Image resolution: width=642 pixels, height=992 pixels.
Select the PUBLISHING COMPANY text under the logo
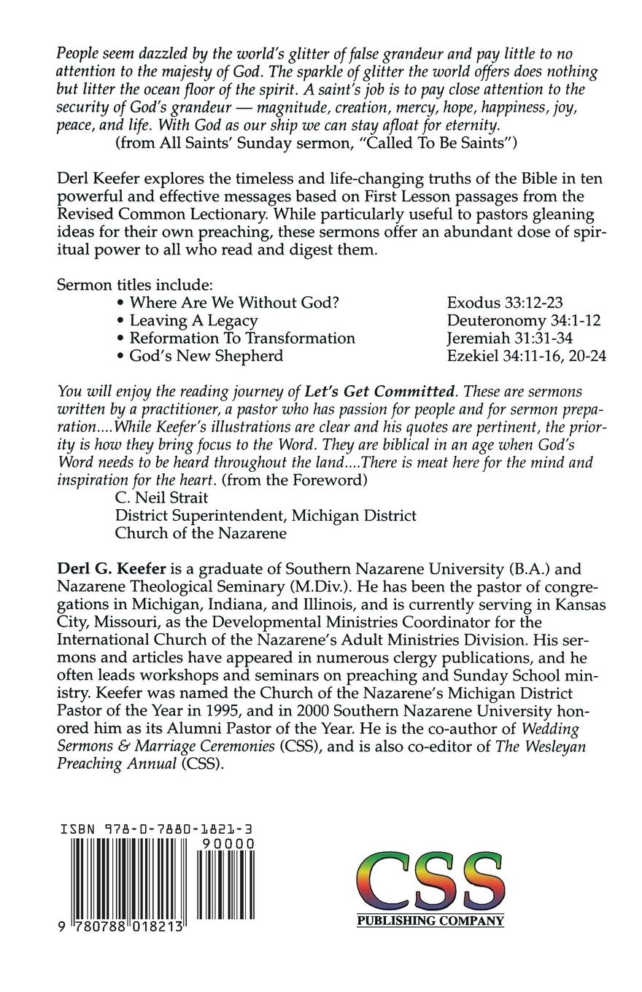pos(430,921)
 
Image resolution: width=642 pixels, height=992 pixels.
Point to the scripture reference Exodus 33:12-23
pos(505,303)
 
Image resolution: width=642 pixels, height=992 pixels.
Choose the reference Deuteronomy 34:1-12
pos(524,320)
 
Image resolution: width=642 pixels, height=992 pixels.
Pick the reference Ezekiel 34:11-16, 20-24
pos(527,356)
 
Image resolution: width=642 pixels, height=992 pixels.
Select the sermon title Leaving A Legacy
pos(193,320)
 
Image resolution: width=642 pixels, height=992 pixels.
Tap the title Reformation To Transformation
pos(242,338)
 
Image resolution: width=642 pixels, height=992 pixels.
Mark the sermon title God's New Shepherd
pos(206,356)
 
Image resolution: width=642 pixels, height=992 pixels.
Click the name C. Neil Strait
pos(161,497)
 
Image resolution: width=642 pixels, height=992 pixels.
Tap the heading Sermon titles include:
pos(135,285)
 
